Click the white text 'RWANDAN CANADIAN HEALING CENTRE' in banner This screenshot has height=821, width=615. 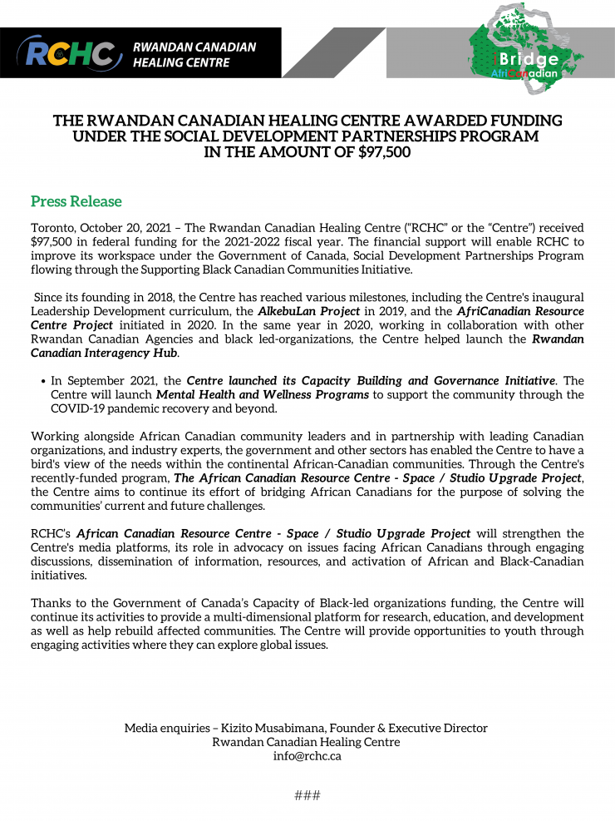coord(194,54)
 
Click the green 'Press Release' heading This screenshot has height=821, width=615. coord(76,201)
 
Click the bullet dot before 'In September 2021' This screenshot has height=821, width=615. coord(42,381)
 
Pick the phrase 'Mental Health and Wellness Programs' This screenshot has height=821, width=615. coord(263,394)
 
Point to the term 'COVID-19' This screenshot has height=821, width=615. coord(77,408)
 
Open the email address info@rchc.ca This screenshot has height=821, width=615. coord(307,756)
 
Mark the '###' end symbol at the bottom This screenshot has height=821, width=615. coord(307,795)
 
